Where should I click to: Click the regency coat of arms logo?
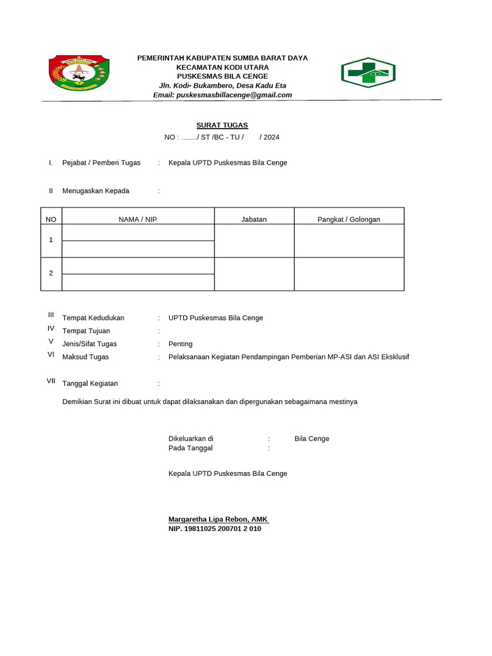pyautogui.click(x=79, y=74)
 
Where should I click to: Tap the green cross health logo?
pyautogui.click(x=368, y=72)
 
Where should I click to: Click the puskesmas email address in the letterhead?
pyautogui.click(x=222, y=95)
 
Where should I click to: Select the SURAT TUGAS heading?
pyautogui.click(x=222, y=125)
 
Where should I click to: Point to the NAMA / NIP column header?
pyautogui.click(x=138, y=219)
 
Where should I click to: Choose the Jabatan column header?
pyautogui.click(x=254, y=219)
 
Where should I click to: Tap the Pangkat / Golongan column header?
pyautogui.click(x=348, y=219)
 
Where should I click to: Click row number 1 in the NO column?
pyautogui.click(x=51, y=240)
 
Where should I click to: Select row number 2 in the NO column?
pyautogui.click(x=51, y=273)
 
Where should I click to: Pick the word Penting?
pyautogui.click(x=180, y=344)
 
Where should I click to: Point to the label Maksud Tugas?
pyautogui.click(x=85, y=357)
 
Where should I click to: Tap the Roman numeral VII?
pyautogui.click(x=51, y=381)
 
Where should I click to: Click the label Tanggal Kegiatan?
pyautogui.click(x=90, y=384)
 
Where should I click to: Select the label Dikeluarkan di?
pyautogui.click(x=190, y=439)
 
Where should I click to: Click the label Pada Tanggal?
pyautogui.click(x=190, y=448)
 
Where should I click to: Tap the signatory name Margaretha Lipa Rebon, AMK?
pyautogui.click(x=218, y=519)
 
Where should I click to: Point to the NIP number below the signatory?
pyautogui.click(x=215, y=529)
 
